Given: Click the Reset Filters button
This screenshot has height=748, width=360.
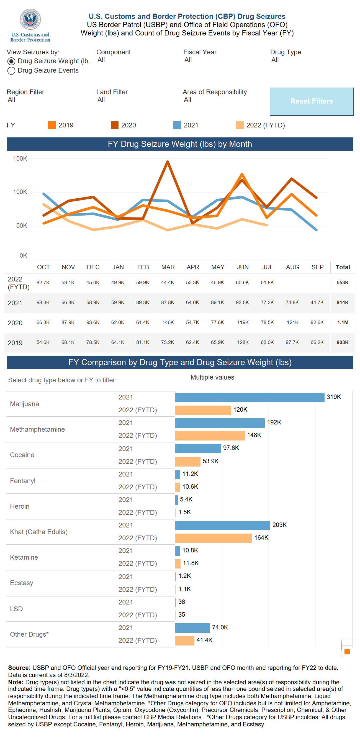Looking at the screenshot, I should (x=312, y=101).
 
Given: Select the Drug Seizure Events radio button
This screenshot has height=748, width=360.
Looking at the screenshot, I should (x=11, y=71).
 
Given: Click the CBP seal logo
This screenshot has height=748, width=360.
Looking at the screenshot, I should (x=30, y=19).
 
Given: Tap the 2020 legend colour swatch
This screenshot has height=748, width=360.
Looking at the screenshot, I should (x=114, y=125).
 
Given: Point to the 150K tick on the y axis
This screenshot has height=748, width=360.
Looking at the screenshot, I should (x=20, y=158).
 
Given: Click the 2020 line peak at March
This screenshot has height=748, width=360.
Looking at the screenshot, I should (x=168, y=162).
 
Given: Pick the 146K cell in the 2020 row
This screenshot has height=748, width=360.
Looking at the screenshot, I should (x=168, y=322).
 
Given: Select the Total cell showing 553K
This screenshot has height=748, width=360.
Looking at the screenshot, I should (x=342, y=283).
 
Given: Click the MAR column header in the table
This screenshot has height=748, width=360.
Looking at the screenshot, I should (x=168, y=267).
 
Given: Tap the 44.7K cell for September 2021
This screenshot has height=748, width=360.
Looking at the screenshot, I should (x=317, y=302).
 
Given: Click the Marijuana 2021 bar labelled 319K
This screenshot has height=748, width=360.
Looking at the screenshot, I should (x=250, y=397).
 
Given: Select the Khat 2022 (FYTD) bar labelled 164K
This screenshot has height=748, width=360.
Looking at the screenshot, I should (x=214, y=538).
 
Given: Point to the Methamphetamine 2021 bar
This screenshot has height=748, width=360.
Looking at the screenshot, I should (x=220, y=423).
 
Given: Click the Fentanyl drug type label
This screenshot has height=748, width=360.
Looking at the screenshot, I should (x=23, y=481).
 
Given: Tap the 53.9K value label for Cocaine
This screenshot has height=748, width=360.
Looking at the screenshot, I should (x=210, y=461).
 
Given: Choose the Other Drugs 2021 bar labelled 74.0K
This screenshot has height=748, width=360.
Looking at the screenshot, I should (x=192, y=627).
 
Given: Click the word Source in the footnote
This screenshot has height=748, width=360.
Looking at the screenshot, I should (x=19, y=668).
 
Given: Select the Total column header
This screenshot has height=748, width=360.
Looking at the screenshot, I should (x=343, y=267).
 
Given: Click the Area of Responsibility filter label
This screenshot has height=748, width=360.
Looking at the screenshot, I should (x=215, y=92).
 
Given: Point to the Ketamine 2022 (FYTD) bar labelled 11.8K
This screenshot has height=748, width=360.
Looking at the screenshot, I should (x=178, y=563).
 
